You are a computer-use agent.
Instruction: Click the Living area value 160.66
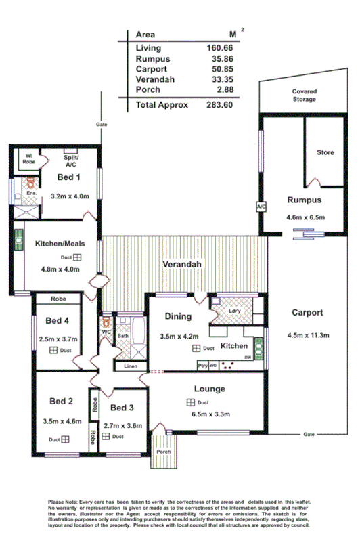click(219, 48)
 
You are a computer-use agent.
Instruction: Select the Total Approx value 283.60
click(219, 105)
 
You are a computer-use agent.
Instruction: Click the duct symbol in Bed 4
click(53, 350)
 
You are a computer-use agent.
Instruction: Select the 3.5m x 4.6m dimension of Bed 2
click(61, 421)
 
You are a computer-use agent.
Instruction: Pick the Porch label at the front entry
click(163, 452)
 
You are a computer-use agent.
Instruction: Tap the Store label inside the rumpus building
click(325, 153)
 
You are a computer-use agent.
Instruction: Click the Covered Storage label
click(304, 95)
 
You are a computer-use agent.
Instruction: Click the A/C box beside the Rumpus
click(260, 205)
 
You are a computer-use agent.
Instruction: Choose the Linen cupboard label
click(131, 366)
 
